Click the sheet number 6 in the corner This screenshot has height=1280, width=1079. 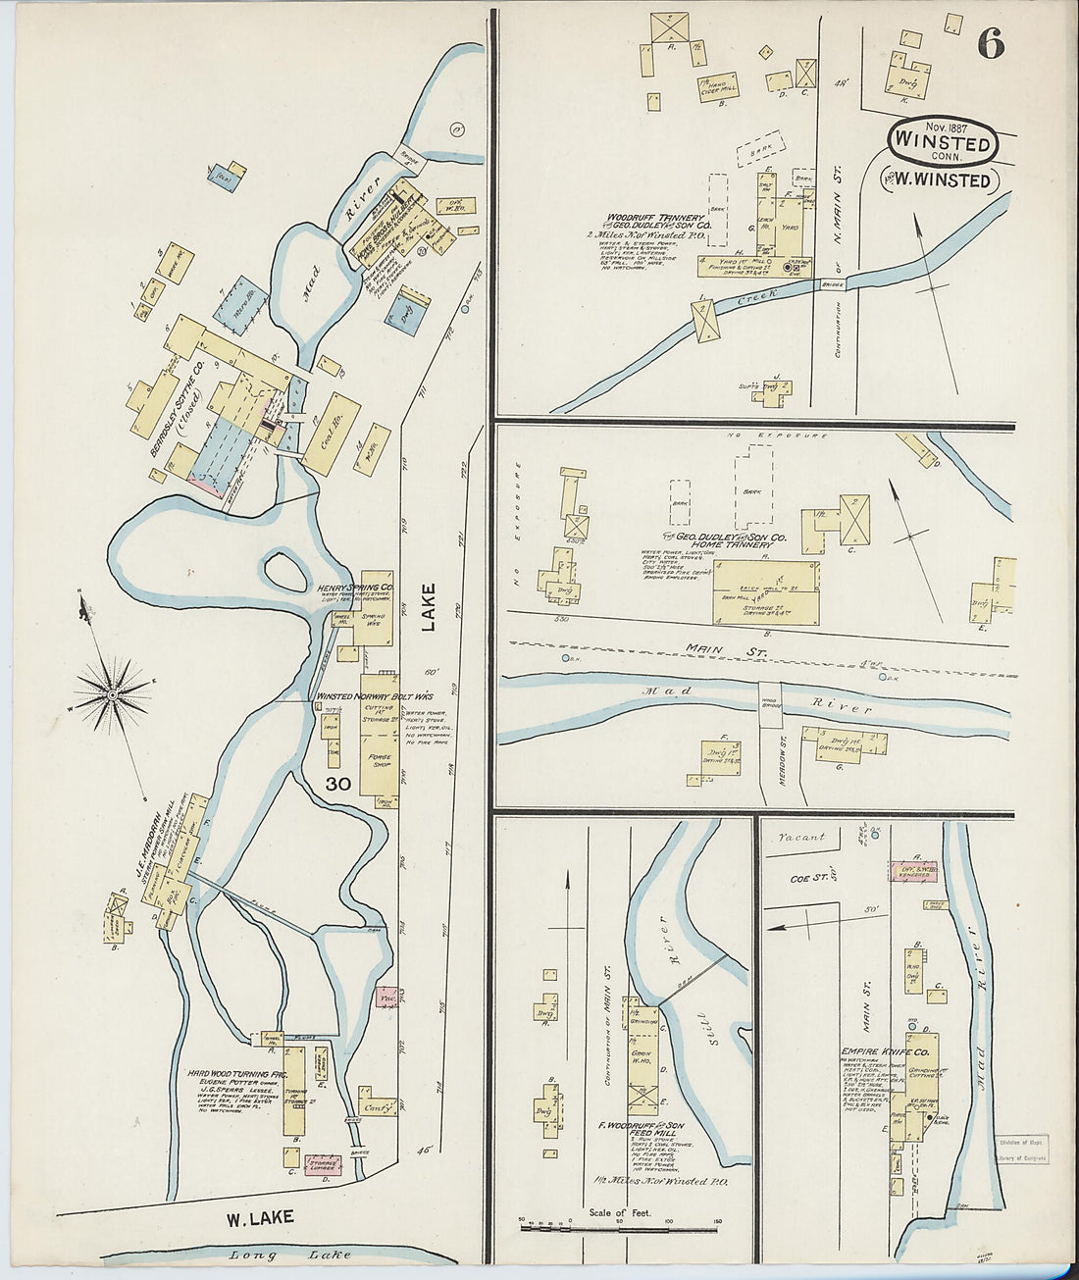(991, 43)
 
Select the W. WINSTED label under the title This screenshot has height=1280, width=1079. (943, 180)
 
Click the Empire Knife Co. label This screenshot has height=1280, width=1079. (877, 1053)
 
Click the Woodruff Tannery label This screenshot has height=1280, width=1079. (654, 217)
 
